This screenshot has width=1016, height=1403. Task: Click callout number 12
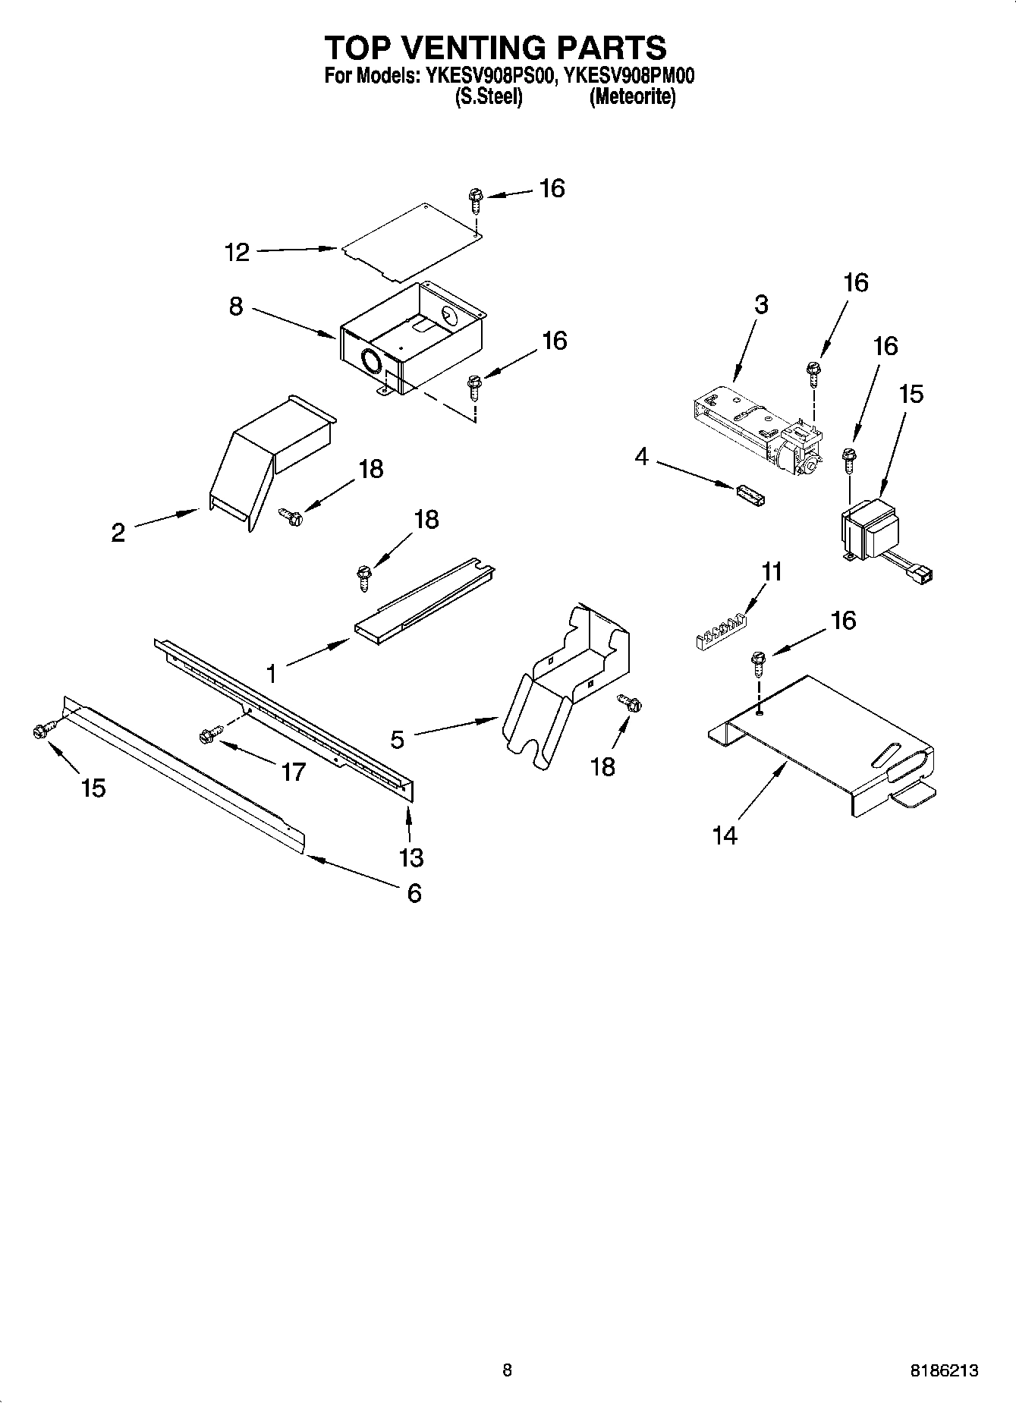pos(237,253)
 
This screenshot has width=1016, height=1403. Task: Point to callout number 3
pos(761,304)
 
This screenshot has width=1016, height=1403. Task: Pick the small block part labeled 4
pos(750,495)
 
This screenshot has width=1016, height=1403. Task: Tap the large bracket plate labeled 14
pos(827,744)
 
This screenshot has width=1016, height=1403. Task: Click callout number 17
pos(293,772)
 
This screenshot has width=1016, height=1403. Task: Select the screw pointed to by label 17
pos(209,734)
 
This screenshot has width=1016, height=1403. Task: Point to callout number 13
pos(411,857)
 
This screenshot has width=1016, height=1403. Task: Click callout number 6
pos(414,892)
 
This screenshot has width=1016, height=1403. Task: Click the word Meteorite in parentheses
pos(632,97)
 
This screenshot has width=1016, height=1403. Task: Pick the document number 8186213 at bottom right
pos(943,1370)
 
